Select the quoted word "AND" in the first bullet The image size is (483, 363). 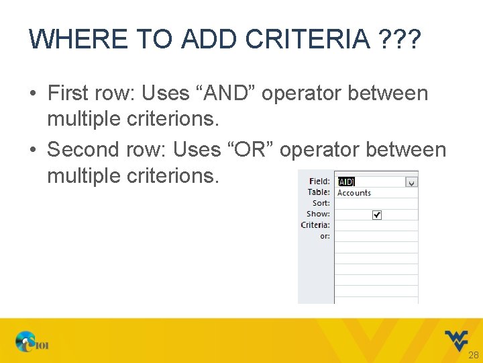click(223, 93)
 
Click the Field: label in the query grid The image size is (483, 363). click(319, 182)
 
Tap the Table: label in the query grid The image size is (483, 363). click(319, 192)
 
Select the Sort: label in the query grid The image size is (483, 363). click(321, 203)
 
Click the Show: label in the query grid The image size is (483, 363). click(318, 214)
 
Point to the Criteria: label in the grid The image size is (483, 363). click(315, 225)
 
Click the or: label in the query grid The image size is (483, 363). click(325, 236)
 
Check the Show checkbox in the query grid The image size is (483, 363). click(376, 214)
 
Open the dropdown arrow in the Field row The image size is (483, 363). click(412, 182)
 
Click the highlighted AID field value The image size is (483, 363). click(345, 182)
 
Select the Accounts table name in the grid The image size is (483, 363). click(354, 193)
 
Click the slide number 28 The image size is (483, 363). click(473, 355)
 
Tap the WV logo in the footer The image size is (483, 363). click(458, 339)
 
